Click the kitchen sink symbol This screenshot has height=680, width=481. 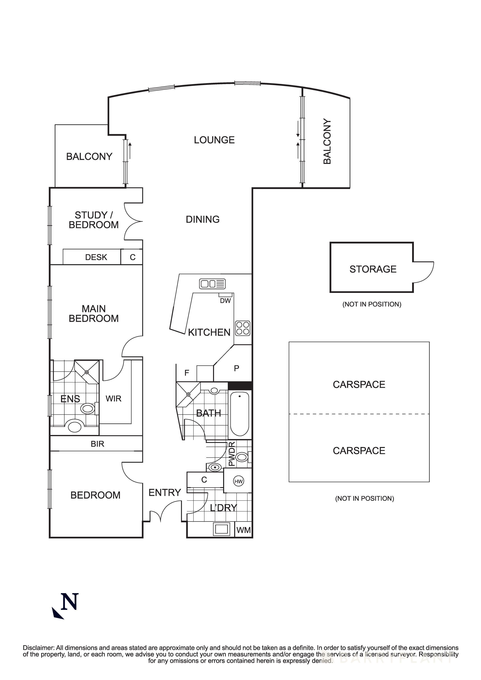point(212,284)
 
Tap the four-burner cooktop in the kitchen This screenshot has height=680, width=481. point(243,328)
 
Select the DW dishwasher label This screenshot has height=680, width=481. point(225,301)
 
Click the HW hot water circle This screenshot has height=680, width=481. point(239,482)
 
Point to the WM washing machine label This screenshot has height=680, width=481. point(244,530)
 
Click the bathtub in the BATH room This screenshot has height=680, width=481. point(240,414)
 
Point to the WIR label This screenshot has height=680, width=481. point(114,399)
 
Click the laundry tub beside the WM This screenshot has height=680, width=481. point(221,529)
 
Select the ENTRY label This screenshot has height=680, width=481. point(165,493)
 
